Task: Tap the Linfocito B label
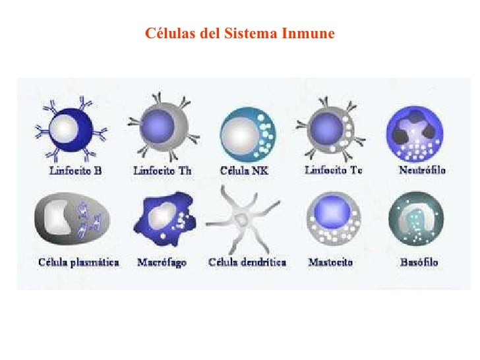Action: pyautogui.click(x=76, y=171)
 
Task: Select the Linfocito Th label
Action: pyautogui.click(x=163, y=171)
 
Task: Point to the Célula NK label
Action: pyautogui.click(x=244, y=171)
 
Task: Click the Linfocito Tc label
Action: pyautogui.click(x=333, y=171)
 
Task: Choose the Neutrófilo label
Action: pyautogui.click(x=422, y=170)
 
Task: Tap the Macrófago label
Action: pyautogui.click(x=162, y=262)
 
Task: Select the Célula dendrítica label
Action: pyautogui.click(x=247, y=262)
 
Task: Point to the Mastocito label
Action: pyautogui.click(x=330, y=262)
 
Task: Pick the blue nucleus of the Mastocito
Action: pyautogui.click(x=328, y=214)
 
